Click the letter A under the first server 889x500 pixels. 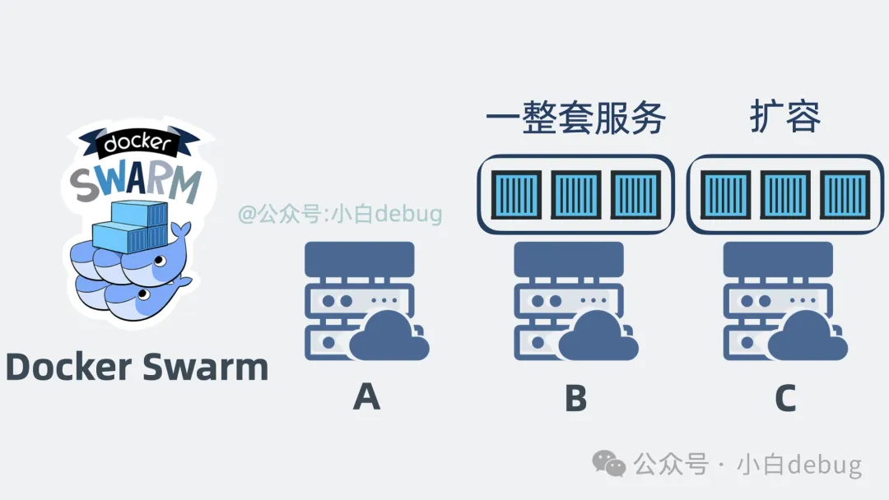(x=366, y=397)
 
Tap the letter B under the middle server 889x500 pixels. (x=575, y=397)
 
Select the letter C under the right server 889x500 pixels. (x=785, y=397)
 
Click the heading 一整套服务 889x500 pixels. (x=575, y=118)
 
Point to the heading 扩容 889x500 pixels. (x=785, y=118)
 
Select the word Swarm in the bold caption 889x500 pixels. (x=206, y=367)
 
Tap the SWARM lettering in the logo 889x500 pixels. (x=136, y=183)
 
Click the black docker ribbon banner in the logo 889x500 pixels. (x=136, y=144)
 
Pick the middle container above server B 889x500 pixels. (x=575, y=194)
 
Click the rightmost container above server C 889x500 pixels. (x=845, y=194)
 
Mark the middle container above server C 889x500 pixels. (x=785, y=194)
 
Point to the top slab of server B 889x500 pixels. (x=569, y=258)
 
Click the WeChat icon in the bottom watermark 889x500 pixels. (x=610, y=465)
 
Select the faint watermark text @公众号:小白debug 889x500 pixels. (x=340, y=215)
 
